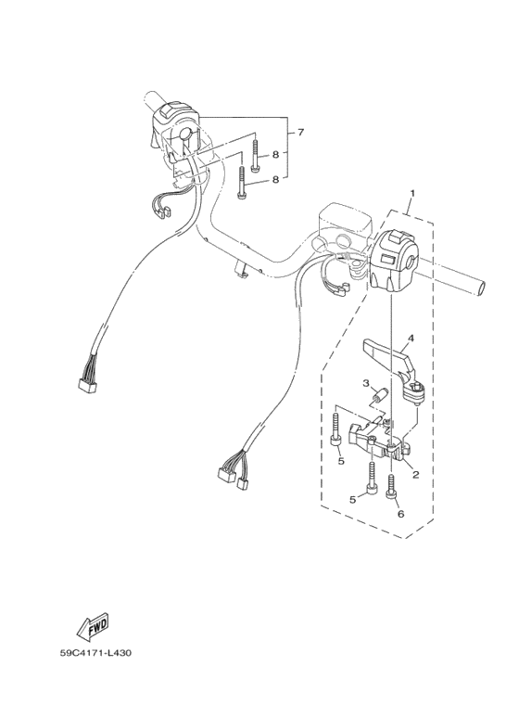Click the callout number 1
pos(412,194)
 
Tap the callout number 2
pos(415,475)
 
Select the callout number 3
pos(366,383)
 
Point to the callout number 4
pos(411,339)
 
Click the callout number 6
pos(400,514)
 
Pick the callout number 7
pos(300,133)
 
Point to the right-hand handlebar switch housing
pos(395,261)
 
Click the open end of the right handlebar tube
pos(482,289)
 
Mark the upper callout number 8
pos(275,155)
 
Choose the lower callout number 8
pos(275,180)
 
